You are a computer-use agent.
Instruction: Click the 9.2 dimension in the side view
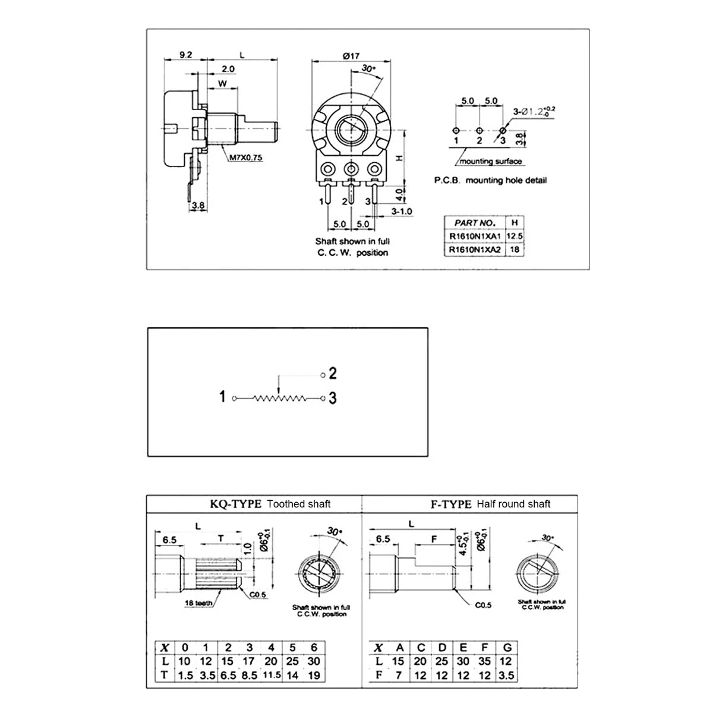(x=185, y=55)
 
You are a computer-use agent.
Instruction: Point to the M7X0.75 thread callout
(x=246, y=158)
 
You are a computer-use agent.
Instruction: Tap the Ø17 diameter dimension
(x=351, y=56)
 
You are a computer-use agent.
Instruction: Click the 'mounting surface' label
(x=491, y=162)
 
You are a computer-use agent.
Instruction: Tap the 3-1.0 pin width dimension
(x=402, y=211)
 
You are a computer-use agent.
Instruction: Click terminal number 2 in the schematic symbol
(x=333, y=373)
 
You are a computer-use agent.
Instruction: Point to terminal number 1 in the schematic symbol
(x=222, y=396)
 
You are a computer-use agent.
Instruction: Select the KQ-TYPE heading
(x=235, y=504)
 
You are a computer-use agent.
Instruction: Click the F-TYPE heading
(x=451, y=504)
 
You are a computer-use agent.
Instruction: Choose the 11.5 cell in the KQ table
(x=271, y=675)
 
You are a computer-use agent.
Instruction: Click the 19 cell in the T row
(x=314, y=675)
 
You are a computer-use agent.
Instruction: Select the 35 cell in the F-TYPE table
(x=485, y=661)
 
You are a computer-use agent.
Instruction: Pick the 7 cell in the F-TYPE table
(x=399, y=675)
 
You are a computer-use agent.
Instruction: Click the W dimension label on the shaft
(x=222, y=83)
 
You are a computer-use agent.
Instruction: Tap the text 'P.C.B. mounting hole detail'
(x=490, y=180)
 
